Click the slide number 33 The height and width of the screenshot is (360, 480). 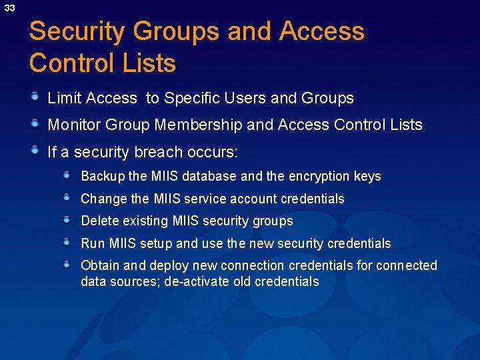9,8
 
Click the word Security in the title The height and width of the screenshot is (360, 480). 77,32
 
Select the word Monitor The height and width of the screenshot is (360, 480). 73,125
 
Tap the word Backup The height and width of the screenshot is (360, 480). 103,177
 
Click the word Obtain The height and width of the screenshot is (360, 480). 100,266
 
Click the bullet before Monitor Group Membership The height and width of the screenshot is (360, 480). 35,124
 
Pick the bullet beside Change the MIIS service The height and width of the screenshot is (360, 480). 67,198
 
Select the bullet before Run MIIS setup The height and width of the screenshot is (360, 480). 67,243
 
